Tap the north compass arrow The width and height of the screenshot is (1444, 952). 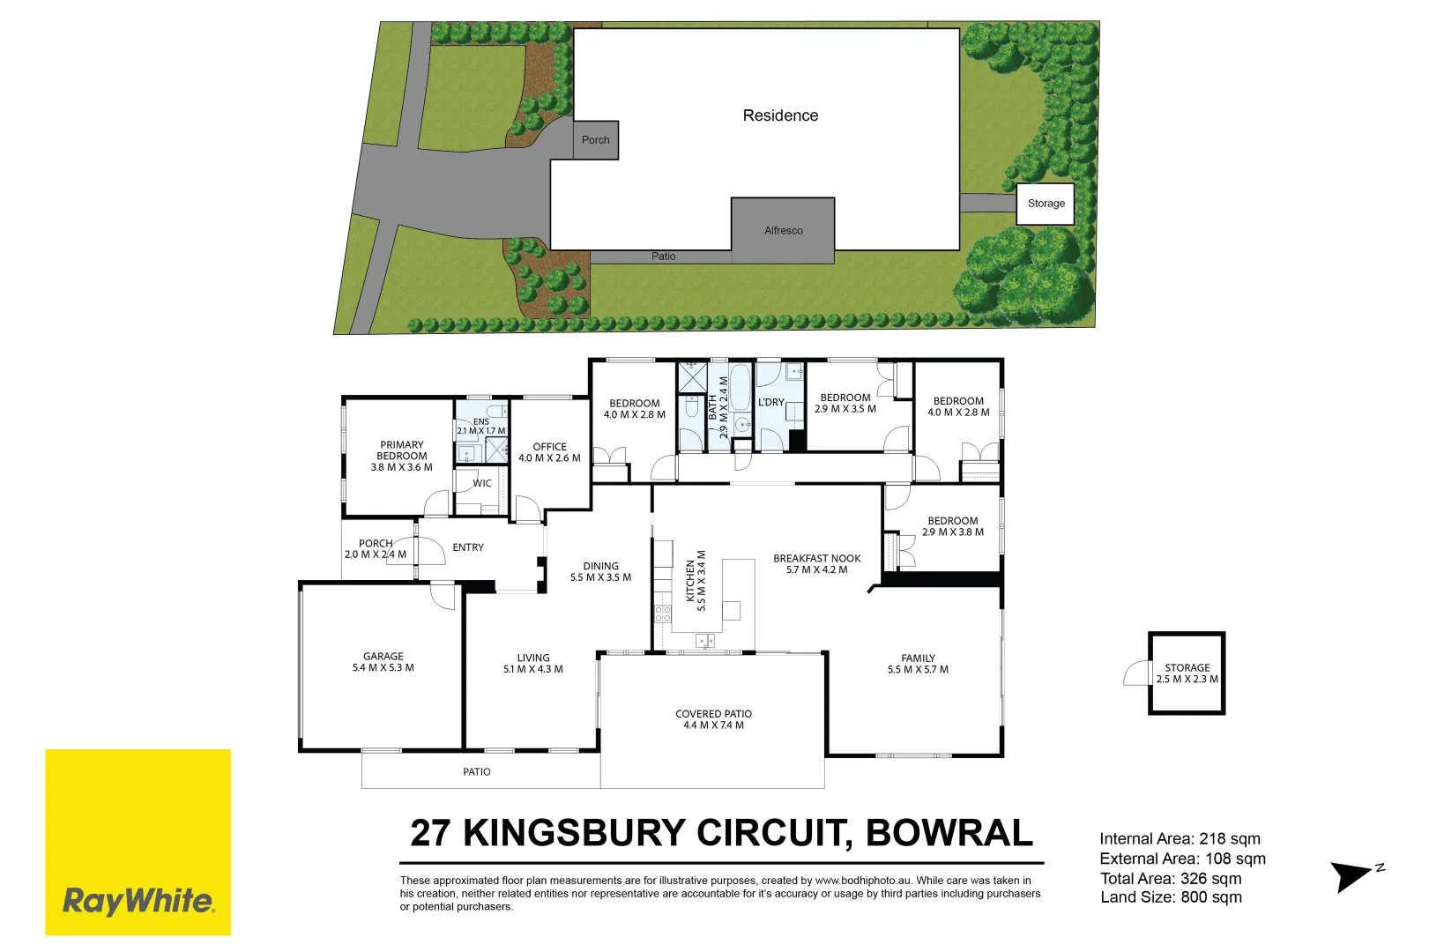1351,875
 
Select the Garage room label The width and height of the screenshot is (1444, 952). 383,662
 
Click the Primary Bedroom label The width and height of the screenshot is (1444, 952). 401,456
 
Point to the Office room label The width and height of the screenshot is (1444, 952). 549,452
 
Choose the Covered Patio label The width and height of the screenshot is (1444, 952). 713,719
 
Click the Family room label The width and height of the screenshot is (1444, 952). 918,664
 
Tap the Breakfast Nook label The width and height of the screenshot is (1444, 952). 816,563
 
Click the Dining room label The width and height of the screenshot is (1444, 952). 600,571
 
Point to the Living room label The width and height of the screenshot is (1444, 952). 532,663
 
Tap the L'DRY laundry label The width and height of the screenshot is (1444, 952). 770,402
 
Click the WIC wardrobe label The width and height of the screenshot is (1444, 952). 481,483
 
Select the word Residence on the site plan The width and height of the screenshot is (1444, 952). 780,115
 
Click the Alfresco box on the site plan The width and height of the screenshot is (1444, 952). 783,230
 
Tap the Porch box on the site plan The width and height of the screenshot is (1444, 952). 595,140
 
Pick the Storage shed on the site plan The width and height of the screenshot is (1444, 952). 1046,204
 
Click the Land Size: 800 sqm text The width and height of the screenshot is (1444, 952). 1171,897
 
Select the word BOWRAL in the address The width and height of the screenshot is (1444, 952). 949,833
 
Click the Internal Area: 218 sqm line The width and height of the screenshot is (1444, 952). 1180,839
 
